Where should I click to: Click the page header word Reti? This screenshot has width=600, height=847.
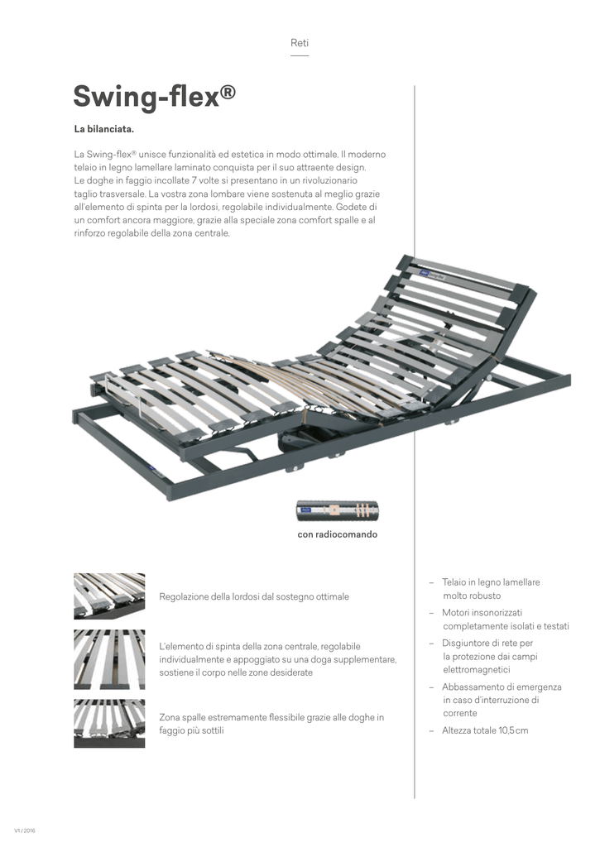click(300, 42)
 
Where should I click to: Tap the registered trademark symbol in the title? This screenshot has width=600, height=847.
click(228, 90)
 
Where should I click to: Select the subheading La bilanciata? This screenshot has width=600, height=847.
click(103, 131)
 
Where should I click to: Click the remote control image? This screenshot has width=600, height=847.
click(337, 511)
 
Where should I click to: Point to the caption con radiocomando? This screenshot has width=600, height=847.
click(337, 535)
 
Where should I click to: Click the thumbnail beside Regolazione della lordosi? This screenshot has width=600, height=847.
click(109, 596)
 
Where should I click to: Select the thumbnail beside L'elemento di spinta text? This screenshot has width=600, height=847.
click(109, 659)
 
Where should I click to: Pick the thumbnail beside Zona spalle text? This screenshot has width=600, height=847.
click(109, 724)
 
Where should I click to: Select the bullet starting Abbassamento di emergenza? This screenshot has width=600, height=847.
click(501, 687)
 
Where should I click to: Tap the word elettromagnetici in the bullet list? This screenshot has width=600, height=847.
click(477, 669)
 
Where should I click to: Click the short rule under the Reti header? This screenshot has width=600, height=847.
click(300, 56)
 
